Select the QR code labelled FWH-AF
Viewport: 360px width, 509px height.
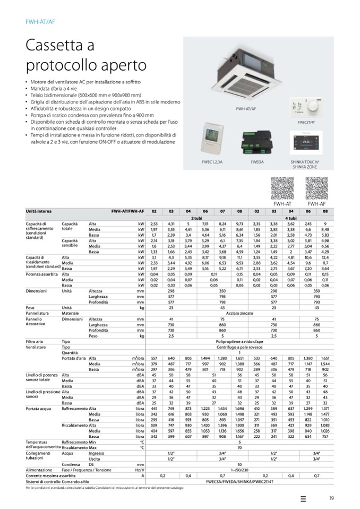[316, 188]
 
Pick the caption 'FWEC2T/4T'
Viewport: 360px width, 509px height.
[306, 122]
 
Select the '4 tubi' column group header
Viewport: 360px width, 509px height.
[290, 218]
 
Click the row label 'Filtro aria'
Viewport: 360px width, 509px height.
[35, 342]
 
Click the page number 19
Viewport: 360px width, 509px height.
[331, 497]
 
